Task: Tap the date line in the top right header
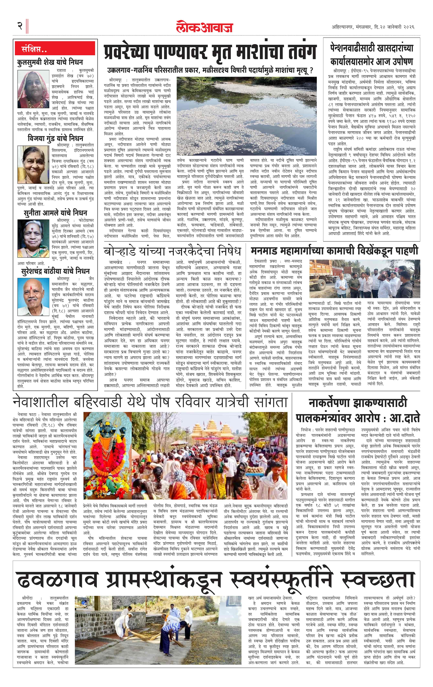pyautogui.click(x=373, y=27)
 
